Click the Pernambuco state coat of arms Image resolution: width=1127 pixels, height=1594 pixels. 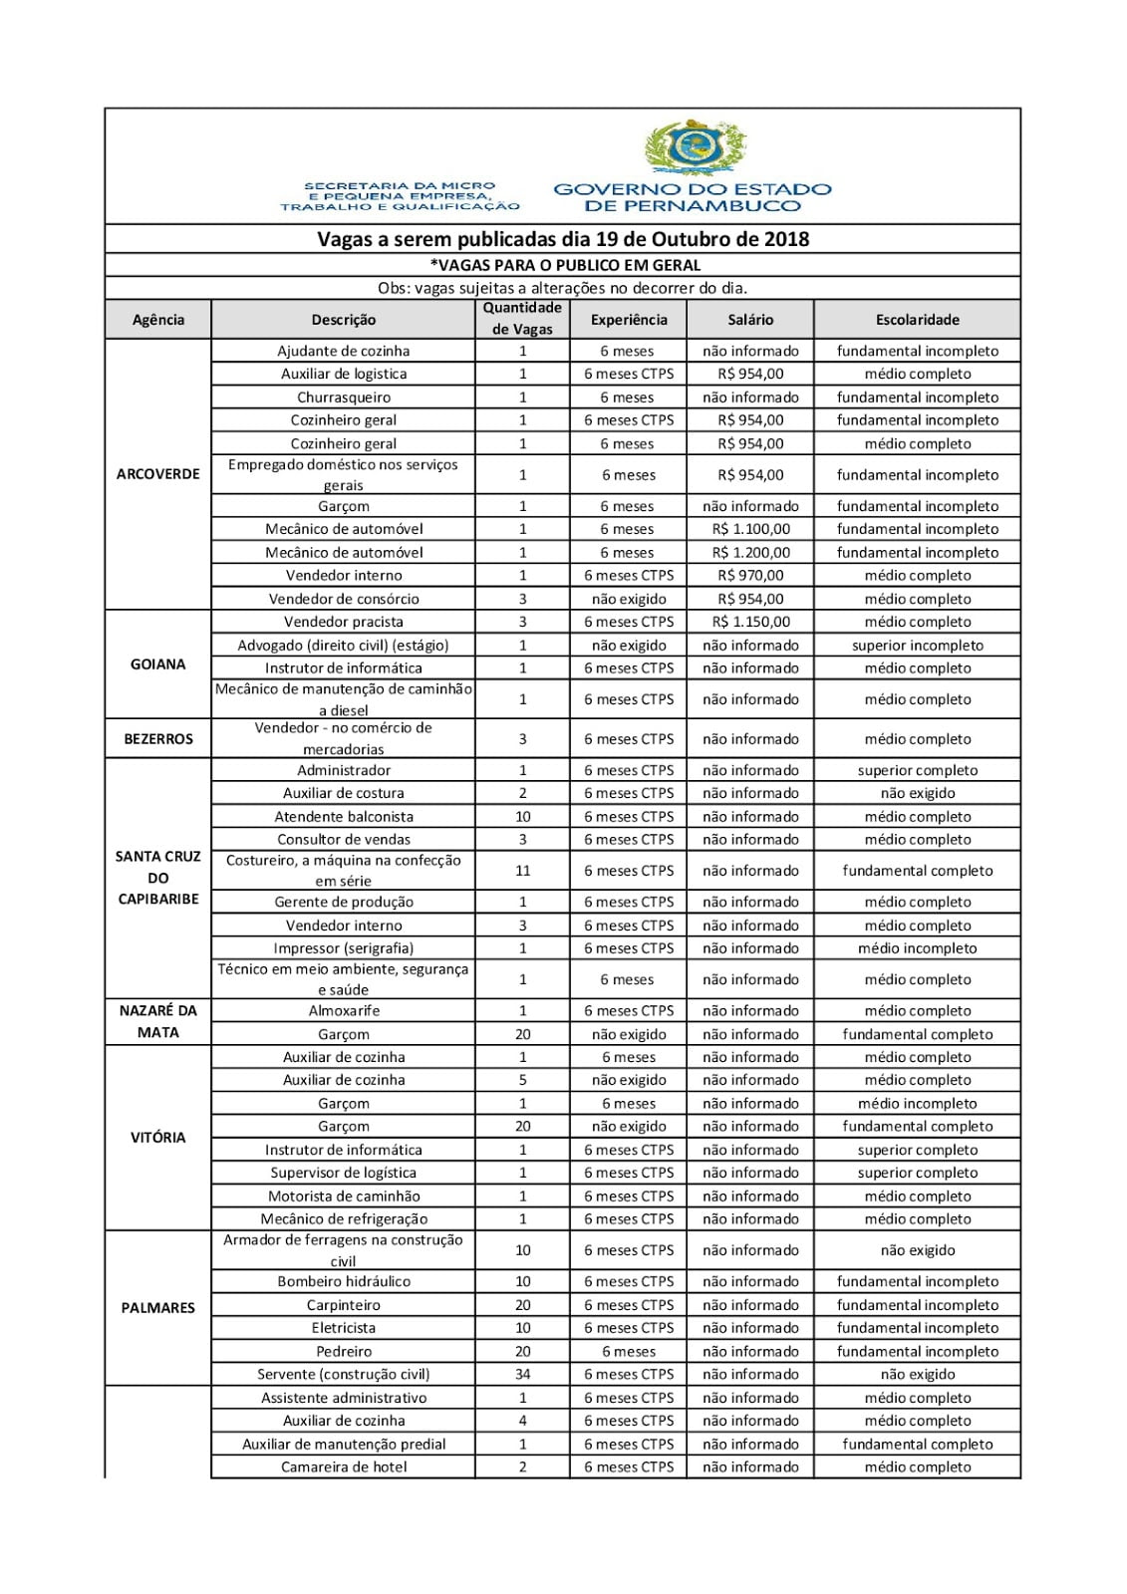(694, 147)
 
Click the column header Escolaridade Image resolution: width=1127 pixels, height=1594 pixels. (917, 320)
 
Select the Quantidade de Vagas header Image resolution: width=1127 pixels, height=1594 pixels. (522, 319)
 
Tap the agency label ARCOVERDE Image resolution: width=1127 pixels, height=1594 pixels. (157, 474)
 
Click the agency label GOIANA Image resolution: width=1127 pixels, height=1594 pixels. (157, 664)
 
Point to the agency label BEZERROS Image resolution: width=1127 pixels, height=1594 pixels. (157, 739)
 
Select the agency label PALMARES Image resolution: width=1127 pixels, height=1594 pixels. (157, 1308)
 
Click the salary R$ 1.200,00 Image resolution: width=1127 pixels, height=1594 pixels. (750, 552)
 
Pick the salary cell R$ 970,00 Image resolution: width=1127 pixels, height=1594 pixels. (750, 575)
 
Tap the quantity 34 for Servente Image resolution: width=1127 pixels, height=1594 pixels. (522, 1374)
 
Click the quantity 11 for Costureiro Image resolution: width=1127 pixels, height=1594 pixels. (522, 871)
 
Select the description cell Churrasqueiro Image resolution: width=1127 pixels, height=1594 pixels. (344, 398)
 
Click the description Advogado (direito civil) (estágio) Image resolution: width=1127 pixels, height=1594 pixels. (344, 646)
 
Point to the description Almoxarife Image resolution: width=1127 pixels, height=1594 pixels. (344, 1010)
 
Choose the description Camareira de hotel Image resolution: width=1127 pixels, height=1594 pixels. (344, 1466)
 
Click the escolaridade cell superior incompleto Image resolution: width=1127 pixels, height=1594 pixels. (917, 646)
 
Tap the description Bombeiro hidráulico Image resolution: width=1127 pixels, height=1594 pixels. (344, 1281)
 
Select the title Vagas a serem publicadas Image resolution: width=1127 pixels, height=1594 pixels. (562, 239)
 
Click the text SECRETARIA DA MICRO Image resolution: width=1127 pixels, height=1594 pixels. (400, 186)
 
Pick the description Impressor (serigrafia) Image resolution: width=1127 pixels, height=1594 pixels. (344, 948)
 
